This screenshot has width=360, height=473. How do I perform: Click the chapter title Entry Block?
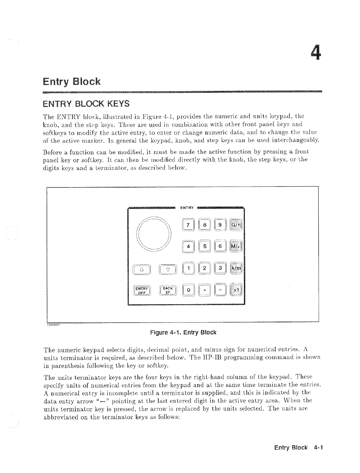[72, 82]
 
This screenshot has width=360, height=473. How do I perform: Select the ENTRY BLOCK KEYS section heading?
[86, 104]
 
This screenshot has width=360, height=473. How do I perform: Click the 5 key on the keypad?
[205, 246]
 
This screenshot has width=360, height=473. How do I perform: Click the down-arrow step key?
[141, 269]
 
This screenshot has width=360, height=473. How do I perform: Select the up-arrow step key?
[167, 269]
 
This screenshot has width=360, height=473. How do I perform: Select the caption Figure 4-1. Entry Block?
[183, 332]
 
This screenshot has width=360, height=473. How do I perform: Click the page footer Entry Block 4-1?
[299, 448]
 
